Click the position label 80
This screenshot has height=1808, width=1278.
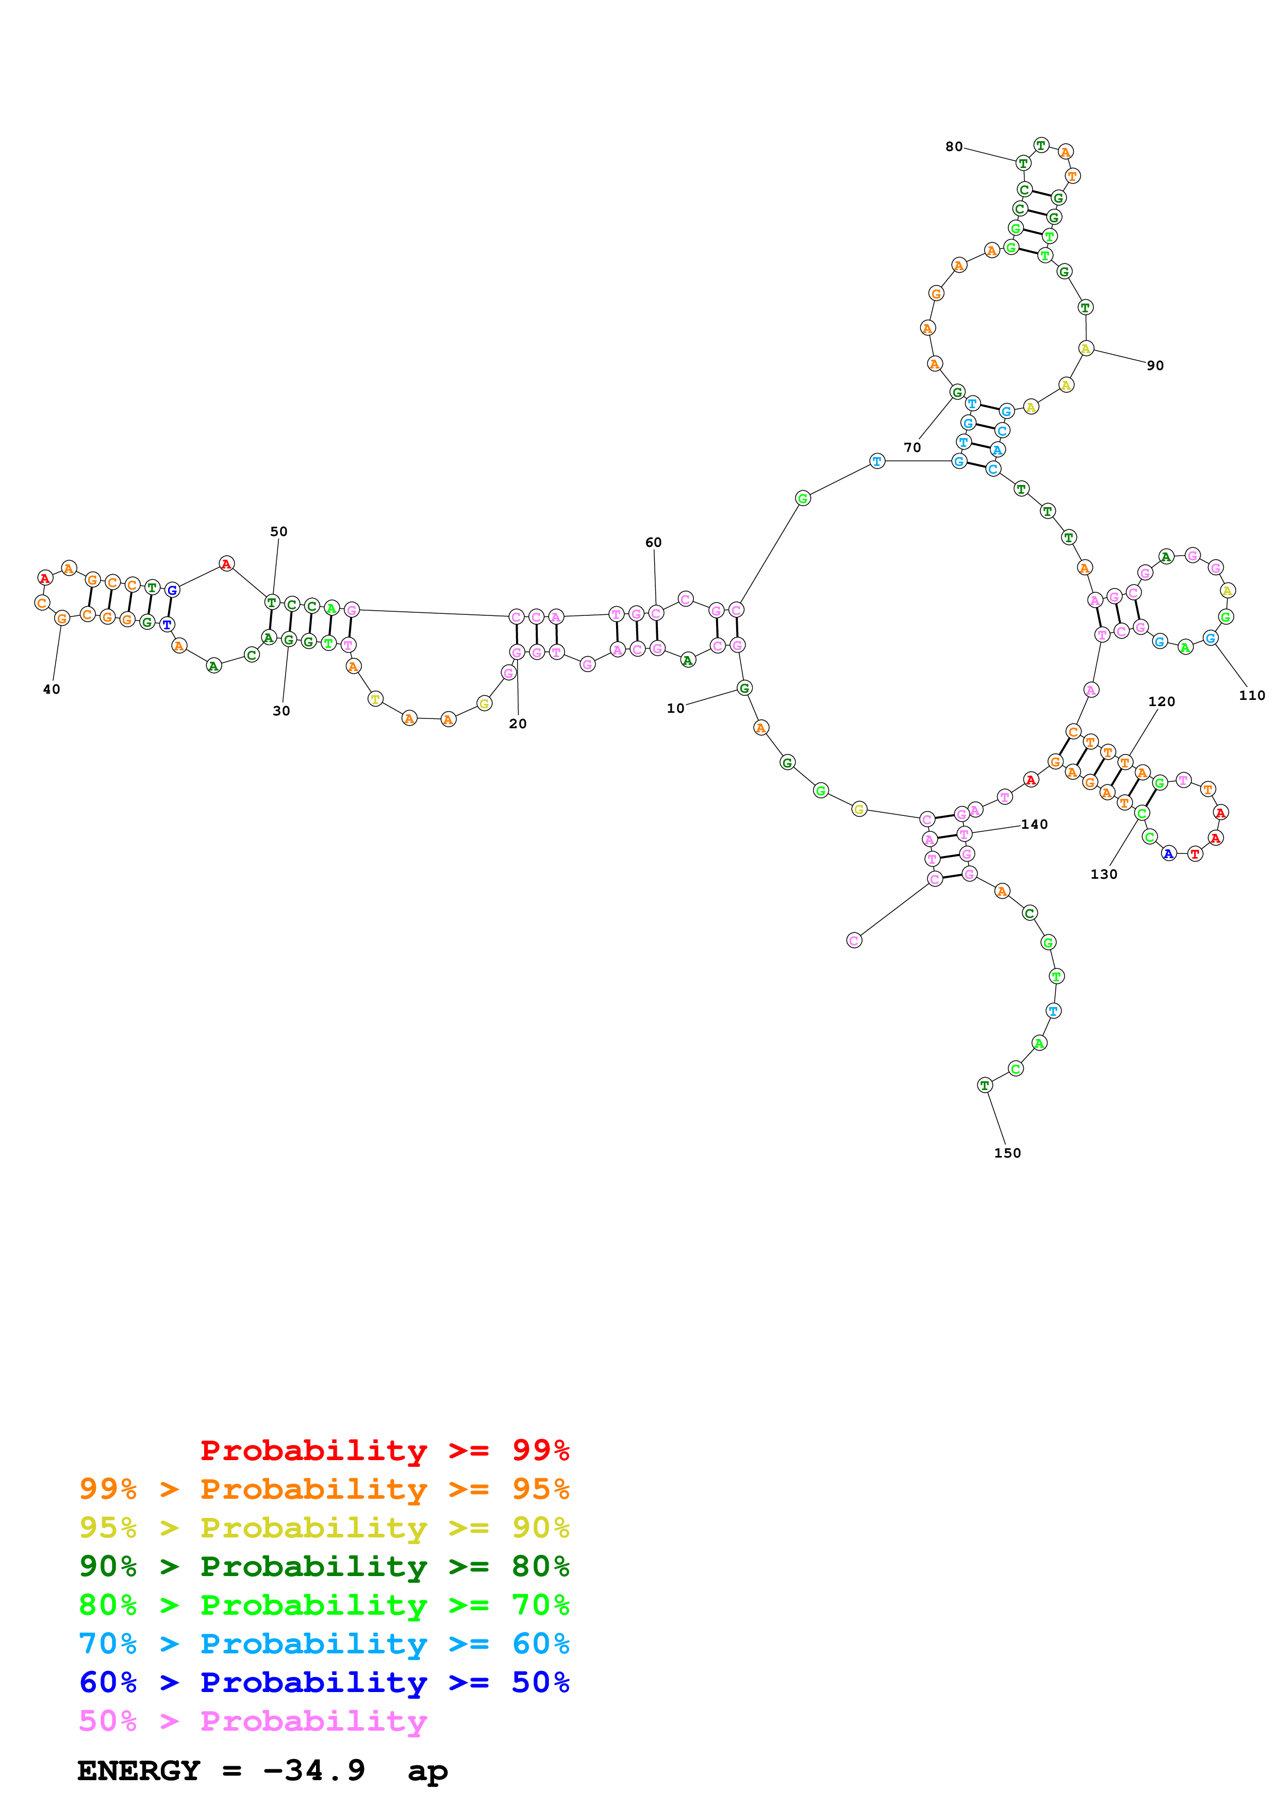(954, 146)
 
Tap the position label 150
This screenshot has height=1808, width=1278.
(1007, 1153)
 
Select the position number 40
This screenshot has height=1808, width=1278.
(51, 689)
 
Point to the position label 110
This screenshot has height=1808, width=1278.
(1251, 695)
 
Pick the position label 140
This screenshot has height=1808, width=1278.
(1034, 825)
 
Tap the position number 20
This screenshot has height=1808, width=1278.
(518, 724)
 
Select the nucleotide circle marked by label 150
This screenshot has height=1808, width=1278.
(984, 1085)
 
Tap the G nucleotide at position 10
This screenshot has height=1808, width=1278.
(744, 688)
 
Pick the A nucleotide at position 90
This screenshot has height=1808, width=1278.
(1085, 348)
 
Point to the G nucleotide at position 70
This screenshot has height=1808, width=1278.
(957, 392)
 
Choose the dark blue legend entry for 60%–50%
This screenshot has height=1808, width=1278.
(324, 1683)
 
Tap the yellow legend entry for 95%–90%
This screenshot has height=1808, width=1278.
(324, 1528)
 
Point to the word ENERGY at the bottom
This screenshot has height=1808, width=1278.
(139, 1771)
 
